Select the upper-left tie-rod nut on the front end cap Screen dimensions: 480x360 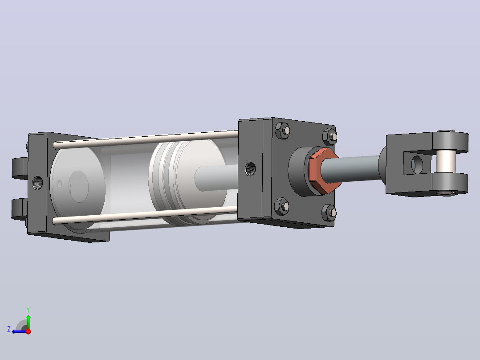[282, 131]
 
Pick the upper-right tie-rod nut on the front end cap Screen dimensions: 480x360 [330, 137]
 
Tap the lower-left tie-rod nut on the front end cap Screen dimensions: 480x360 [281, 206]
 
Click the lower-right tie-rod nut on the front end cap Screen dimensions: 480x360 [329, 213]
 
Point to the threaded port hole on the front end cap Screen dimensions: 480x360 [250, 169]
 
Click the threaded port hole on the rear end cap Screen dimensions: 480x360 [37, 183]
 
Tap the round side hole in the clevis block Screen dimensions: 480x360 [417, 164]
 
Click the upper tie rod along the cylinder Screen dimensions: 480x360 [146, 139]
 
